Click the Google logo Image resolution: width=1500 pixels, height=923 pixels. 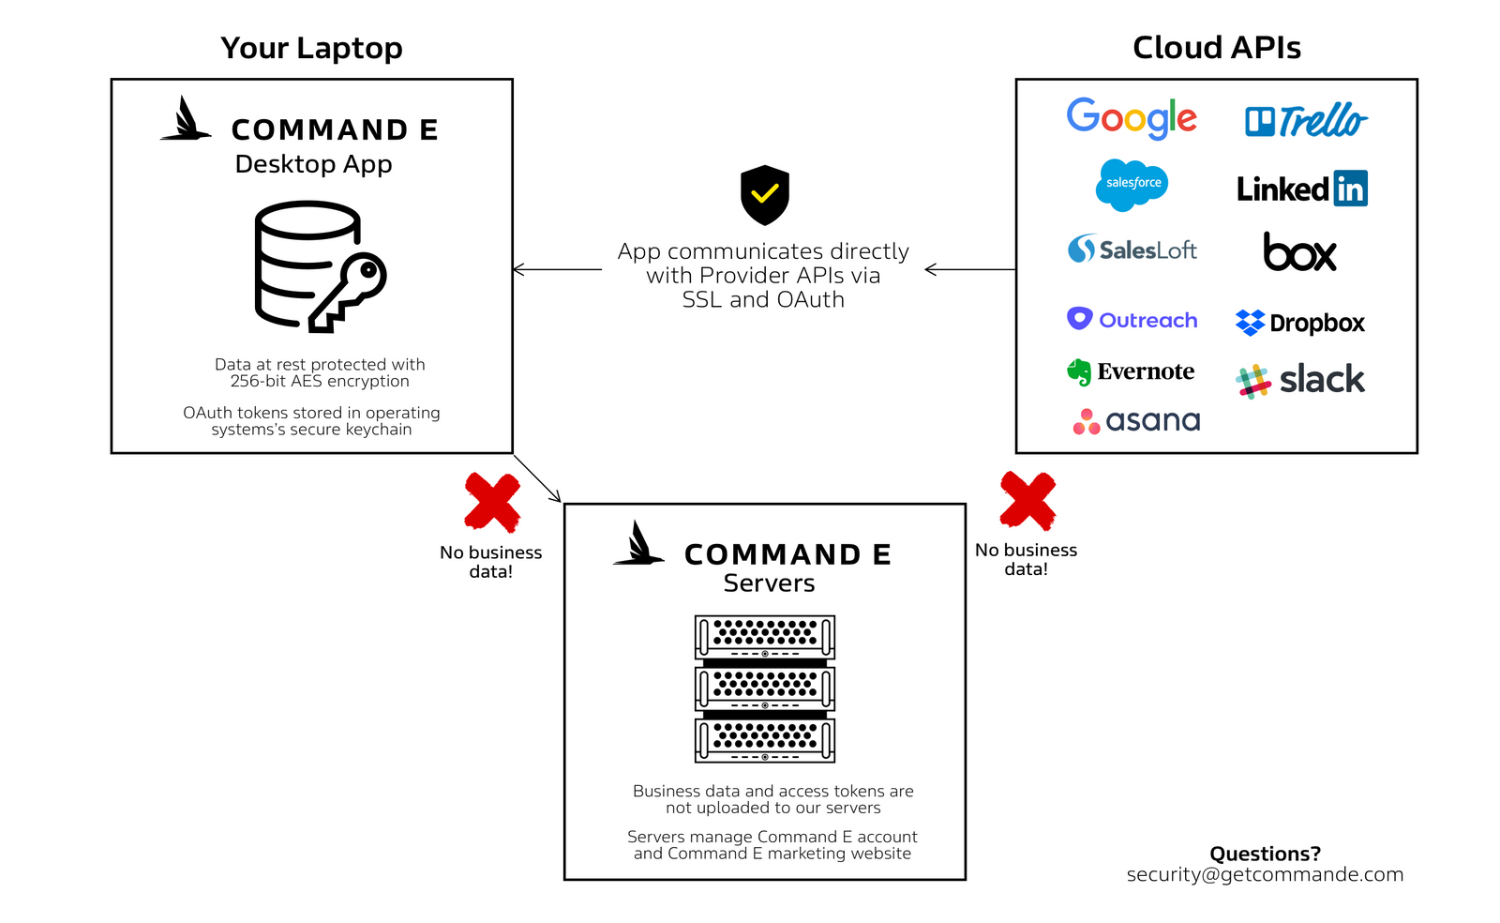pyautogui.click(x=1131, y=118)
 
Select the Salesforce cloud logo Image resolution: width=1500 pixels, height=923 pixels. pyautogui.click(x=1132, y=185)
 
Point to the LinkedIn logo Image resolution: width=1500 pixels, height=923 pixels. pyautogui.click(x=1302, y=189)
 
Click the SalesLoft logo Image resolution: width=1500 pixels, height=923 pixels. pyautogui.click(x=1132, y=250)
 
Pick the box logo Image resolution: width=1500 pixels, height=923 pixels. pyautogui.click(x=1299, y=251)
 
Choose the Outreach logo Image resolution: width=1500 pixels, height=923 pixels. pyautogui.click(x=1132, y=320)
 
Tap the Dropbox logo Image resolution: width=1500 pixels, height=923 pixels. pyautogui.click(x=1299, y=323)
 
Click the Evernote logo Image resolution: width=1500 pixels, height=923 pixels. pyautogui.click(x=1131, y=371)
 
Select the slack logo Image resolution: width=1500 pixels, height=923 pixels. pyautogui.click(x=1299, y=381)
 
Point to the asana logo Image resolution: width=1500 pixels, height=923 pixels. pyautogui.click(x=1135, y=421)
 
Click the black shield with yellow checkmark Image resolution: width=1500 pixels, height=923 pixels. pyautogui.click(x=765, y=195)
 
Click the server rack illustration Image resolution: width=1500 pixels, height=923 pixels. pyautogui.click(x=765, y=688)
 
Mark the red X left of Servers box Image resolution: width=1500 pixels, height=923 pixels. pyautogui.click(x=492, y=503)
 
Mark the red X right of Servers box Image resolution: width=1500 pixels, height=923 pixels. pyautogui.click(x=1027, y=501)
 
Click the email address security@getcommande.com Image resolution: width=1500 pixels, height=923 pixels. pyautogui.click(x=1265, y=875)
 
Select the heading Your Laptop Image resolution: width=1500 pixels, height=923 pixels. pyautogui.click(x=311, y=48)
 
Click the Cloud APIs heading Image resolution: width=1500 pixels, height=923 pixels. pyautogui.click(x=1217, y=48)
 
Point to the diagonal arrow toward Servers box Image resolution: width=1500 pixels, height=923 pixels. pyautogui.click(x=537, y=478)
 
